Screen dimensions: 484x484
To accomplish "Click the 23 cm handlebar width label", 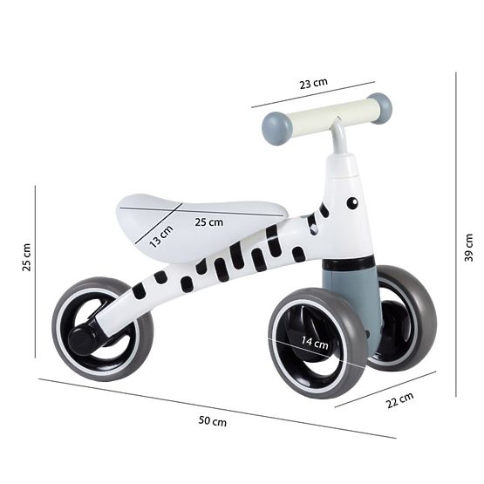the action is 313,84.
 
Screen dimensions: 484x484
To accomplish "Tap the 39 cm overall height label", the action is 468,248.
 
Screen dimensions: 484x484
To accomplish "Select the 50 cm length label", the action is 213,421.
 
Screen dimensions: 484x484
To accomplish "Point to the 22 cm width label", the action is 399,400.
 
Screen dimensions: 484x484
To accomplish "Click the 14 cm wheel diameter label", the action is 315,343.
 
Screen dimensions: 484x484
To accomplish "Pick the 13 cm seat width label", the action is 160,236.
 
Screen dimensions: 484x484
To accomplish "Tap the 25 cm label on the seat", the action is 208,222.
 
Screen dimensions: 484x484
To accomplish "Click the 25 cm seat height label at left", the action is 26,257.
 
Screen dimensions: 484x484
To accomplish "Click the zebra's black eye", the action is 352,203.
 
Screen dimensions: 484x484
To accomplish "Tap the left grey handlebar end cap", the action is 276,127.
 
